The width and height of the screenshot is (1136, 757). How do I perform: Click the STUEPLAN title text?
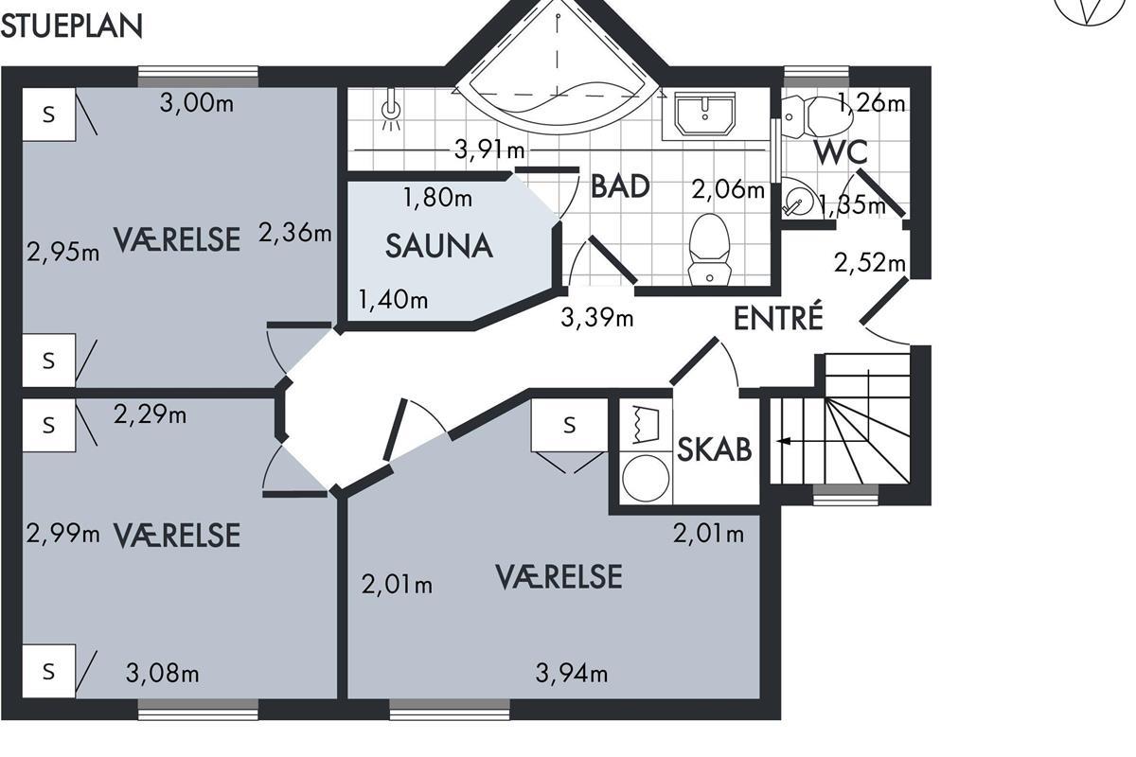(x=72, y=26)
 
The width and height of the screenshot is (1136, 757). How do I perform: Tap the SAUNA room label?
(x=439, y=246)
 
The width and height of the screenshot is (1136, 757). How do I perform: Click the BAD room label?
(x=620, y=186)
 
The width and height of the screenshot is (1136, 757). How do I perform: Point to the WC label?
(x=841, y=152)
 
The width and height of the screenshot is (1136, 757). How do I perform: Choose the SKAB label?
(x=715, y=449)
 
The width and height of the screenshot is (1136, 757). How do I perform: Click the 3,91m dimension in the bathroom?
(x=489, y=150)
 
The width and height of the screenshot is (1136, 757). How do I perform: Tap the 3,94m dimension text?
(x=572, y=674)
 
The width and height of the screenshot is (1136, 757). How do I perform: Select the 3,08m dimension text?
(x=162, y=674)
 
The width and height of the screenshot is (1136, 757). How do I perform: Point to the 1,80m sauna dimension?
(x=437, y=197)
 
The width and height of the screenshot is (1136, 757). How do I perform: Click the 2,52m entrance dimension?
(x=870, y=263)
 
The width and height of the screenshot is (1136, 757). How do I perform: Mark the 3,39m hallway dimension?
(x=597, y=318)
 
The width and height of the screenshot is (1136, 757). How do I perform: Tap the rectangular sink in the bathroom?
(x=705, y=114)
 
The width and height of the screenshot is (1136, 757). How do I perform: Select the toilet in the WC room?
(x=816, y=117)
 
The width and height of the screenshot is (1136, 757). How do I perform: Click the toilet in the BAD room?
(x=709, y=250)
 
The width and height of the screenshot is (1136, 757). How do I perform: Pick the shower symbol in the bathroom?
(x=390, y=110)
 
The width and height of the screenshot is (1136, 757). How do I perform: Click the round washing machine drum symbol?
(x=646, y=479)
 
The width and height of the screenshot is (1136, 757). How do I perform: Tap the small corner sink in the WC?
(x=796, y=199)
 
